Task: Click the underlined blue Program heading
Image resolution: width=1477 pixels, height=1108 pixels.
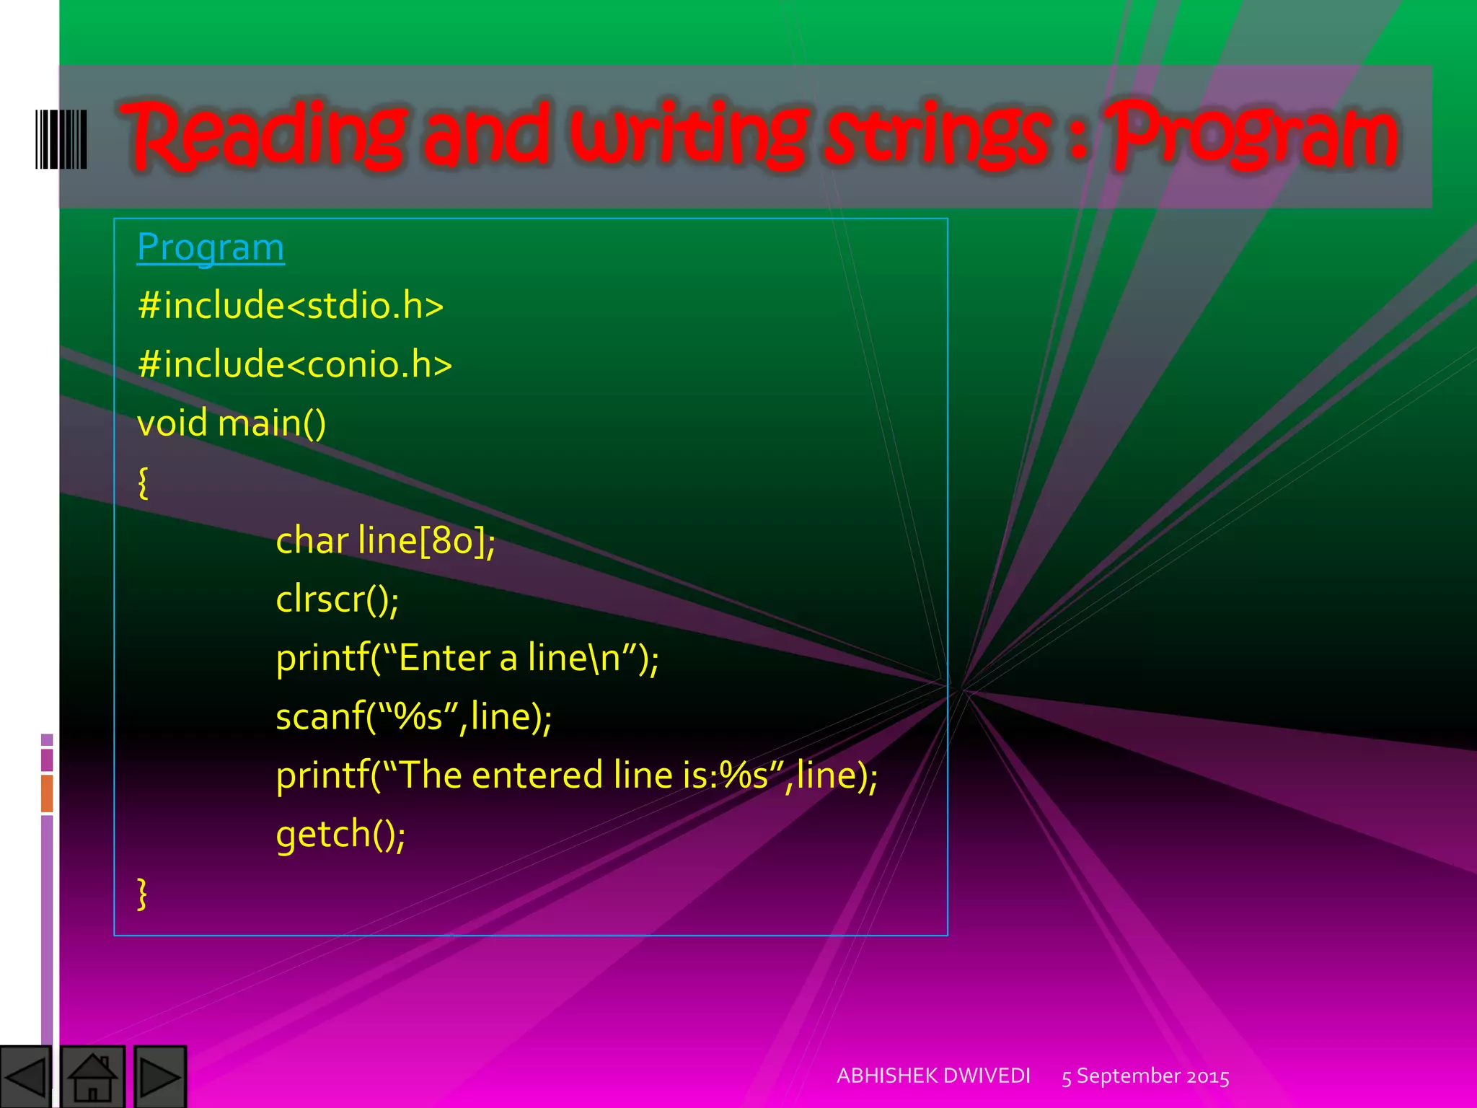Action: point(211,247)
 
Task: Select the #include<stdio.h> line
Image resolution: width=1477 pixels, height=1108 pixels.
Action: point(290,306)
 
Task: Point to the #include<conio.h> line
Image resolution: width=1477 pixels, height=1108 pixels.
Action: point(294,364)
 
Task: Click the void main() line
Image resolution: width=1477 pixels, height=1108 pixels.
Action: point(231,423)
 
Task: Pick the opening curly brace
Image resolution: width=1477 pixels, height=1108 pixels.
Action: point(143,482)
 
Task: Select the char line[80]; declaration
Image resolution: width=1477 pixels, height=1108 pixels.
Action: point(385,541)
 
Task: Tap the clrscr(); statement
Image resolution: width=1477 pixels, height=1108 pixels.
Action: point(337,599)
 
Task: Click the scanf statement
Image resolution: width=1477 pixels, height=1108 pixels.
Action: point(413,716)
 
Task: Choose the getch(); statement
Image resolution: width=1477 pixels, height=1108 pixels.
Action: point(340,834)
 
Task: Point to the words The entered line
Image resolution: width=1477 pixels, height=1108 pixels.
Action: point(537,775)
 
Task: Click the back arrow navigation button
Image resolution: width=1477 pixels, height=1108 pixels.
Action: point(26,1077)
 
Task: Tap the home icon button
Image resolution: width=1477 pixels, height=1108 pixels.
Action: point(93,1077)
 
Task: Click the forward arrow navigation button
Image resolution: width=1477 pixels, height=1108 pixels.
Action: point(160,1077)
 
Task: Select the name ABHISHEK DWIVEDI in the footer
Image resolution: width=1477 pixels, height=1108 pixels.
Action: point(933,1076)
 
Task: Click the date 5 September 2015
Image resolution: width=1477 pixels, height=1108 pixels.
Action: point(1145,1076)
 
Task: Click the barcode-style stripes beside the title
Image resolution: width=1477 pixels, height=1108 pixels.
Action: point(61,139)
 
